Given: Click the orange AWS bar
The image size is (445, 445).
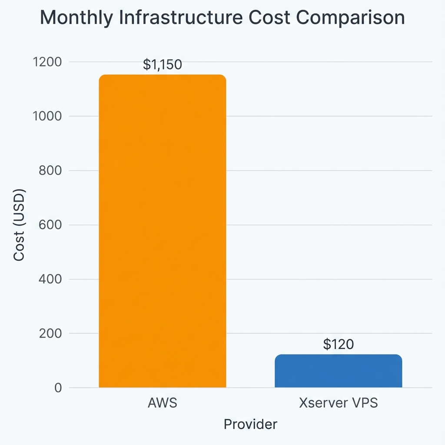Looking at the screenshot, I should (163, 230).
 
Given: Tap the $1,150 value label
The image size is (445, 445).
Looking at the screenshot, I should (162, 65).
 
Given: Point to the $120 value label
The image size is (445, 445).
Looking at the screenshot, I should (339, 344).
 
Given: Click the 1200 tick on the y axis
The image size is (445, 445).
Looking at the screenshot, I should (47, 62).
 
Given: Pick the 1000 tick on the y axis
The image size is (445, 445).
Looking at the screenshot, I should (47, 116).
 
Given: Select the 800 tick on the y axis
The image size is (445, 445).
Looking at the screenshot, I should (50, 171).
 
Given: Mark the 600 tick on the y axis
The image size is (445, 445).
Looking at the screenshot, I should (50, 225).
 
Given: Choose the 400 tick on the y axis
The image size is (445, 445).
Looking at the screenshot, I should (50, 279).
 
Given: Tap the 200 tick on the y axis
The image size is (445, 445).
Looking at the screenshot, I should (50, 334).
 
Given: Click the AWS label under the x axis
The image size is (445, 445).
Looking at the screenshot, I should (163, 403).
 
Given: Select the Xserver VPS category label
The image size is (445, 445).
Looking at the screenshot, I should (338, 403).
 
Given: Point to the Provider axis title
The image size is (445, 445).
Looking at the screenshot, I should (250, 424).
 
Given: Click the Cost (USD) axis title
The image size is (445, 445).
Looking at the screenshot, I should (19, 225).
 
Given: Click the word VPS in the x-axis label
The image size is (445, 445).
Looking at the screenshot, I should (364, 403).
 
